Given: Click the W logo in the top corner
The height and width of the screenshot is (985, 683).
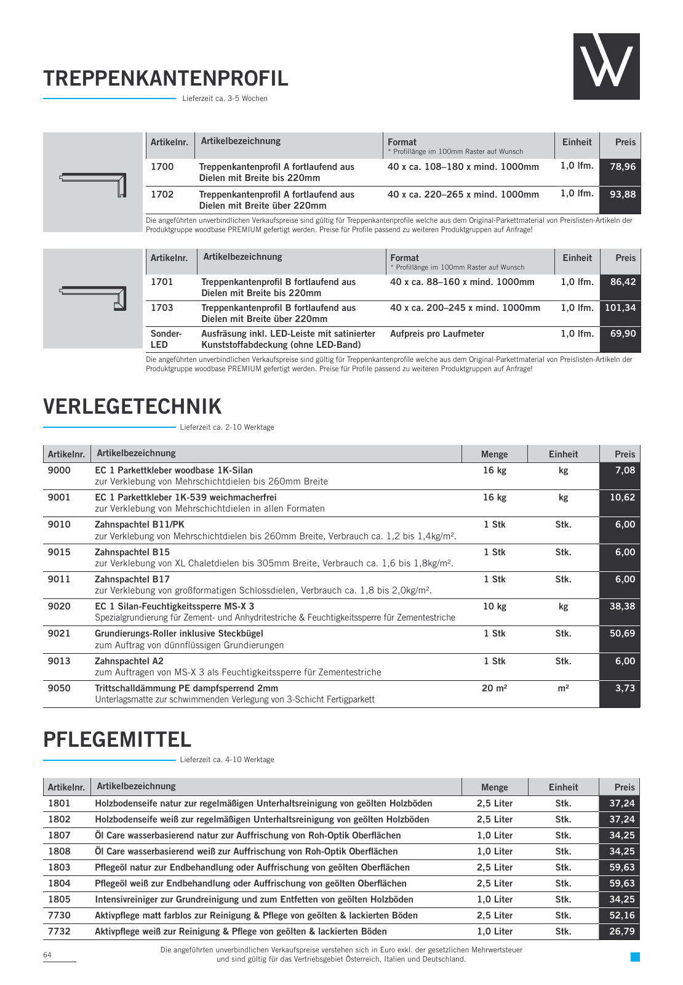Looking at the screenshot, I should pos(606,66).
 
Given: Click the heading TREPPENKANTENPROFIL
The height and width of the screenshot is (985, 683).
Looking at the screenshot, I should pos(166,79).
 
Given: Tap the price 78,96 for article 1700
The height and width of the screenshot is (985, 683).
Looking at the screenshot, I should pos(622,167).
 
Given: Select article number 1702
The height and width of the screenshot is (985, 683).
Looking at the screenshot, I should pos(162,195).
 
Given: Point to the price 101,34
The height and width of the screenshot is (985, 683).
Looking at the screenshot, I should pos(620,308).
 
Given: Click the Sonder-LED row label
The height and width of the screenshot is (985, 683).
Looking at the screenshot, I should pos(166,339).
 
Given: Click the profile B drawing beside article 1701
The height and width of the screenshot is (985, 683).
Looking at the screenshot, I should pos(93,298).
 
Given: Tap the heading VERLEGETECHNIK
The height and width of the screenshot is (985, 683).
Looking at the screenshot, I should pos(132,407).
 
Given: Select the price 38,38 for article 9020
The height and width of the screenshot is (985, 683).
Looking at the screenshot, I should pos(622,606).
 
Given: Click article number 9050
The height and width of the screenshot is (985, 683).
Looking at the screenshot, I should pos(59,688).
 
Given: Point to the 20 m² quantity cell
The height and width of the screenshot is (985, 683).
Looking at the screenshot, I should pos(494,688).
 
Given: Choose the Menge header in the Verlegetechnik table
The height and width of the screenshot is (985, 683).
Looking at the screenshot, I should pos(494,454).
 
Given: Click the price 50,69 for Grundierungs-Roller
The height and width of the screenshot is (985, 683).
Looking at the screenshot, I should pos(622,633).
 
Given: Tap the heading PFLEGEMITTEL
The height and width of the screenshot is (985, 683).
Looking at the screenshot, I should pos(117,739).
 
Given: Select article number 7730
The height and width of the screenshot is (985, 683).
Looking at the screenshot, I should pos(59,915).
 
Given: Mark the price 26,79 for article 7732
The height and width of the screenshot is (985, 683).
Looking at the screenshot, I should pos(621,931).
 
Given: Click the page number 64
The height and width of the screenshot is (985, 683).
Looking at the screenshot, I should pos(47,955).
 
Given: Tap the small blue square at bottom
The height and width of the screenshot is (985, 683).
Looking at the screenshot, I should pos(635,957).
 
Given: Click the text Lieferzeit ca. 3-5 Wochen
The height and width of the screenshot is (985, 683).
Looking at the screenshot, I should pos(225,98).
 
